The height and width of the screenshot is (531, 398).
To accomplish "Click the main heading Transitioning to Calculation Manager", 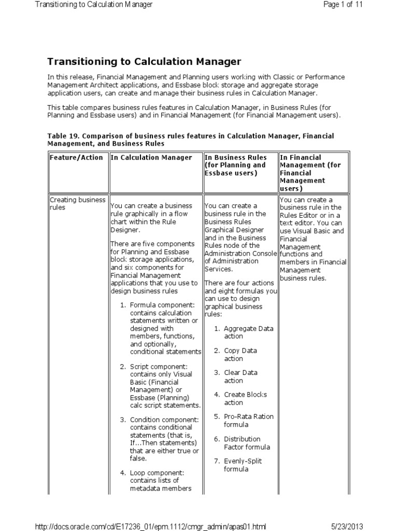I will [x=144, y=62].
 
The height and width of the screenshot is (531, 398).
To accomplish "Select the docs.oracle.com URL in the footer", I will [x=150, y=527].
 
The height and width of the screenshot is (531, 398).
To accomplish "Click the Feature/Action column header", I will [x=76, y=158].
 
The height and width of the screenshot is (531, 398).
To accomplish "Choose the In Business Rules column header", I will [x=236, y=165].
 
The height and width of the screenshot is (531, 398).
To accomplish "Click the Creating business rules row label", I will [x=78, y=203].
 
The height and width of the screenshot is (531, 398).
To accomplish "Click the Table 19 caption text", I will [x=191, y=139].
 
